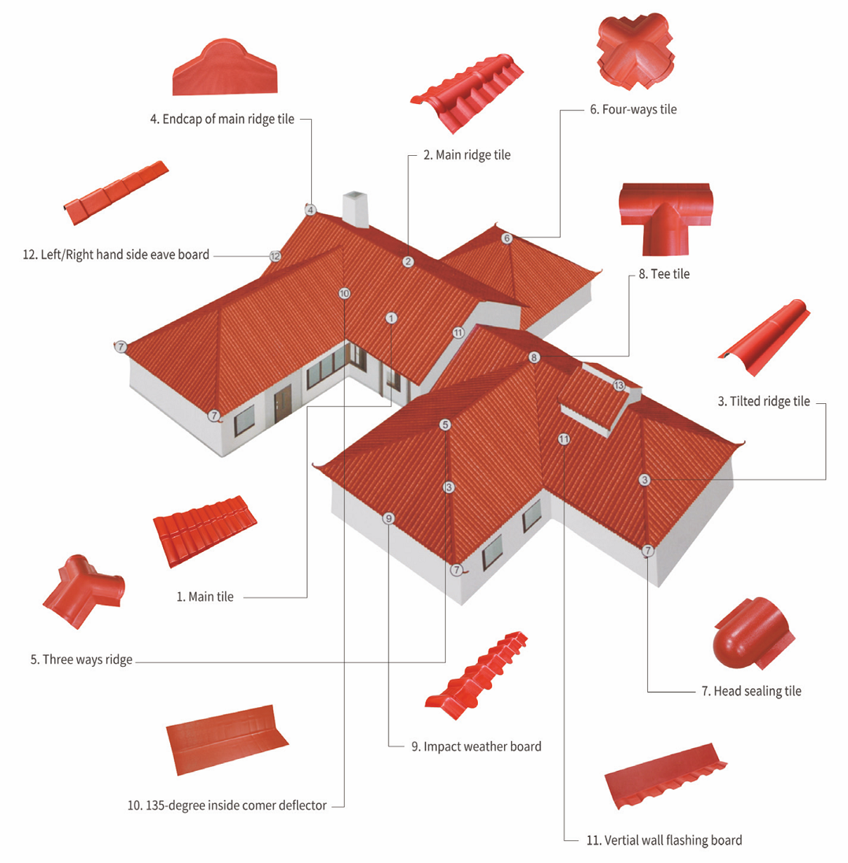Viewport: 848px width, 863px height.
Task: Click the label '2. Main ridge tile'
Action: point(467,155)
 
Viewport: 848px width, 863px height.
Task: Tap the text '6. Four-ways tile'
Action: point(633,109)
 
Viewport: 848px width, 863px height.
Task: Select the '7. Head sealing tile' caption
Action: point(750,691)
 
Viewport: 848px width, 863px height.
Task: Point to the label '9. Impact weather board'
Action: point(476,746)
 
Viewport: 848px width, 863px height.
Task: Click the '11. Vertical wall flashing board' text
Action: point(663,840)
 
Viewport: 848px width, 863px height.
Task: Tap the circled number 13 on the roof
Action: point(619,385)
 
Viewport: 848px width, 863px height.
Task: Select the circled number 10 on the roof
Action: point(344,293)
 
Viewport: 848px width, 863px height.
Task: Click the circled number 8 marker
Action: point(535,357)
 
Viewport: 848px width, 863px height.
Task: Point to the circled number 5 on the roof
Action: point(446,424)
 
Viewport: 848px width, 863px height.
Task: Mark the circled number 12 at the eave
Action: point(275,256)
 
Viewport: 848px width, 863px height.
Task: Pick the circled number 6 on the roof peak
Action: point(506,238)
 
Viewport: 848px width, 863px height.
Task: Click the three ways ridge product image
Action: point(83,591)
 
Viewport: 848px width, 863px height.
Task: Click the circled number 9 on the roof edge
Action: point(388,518)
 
